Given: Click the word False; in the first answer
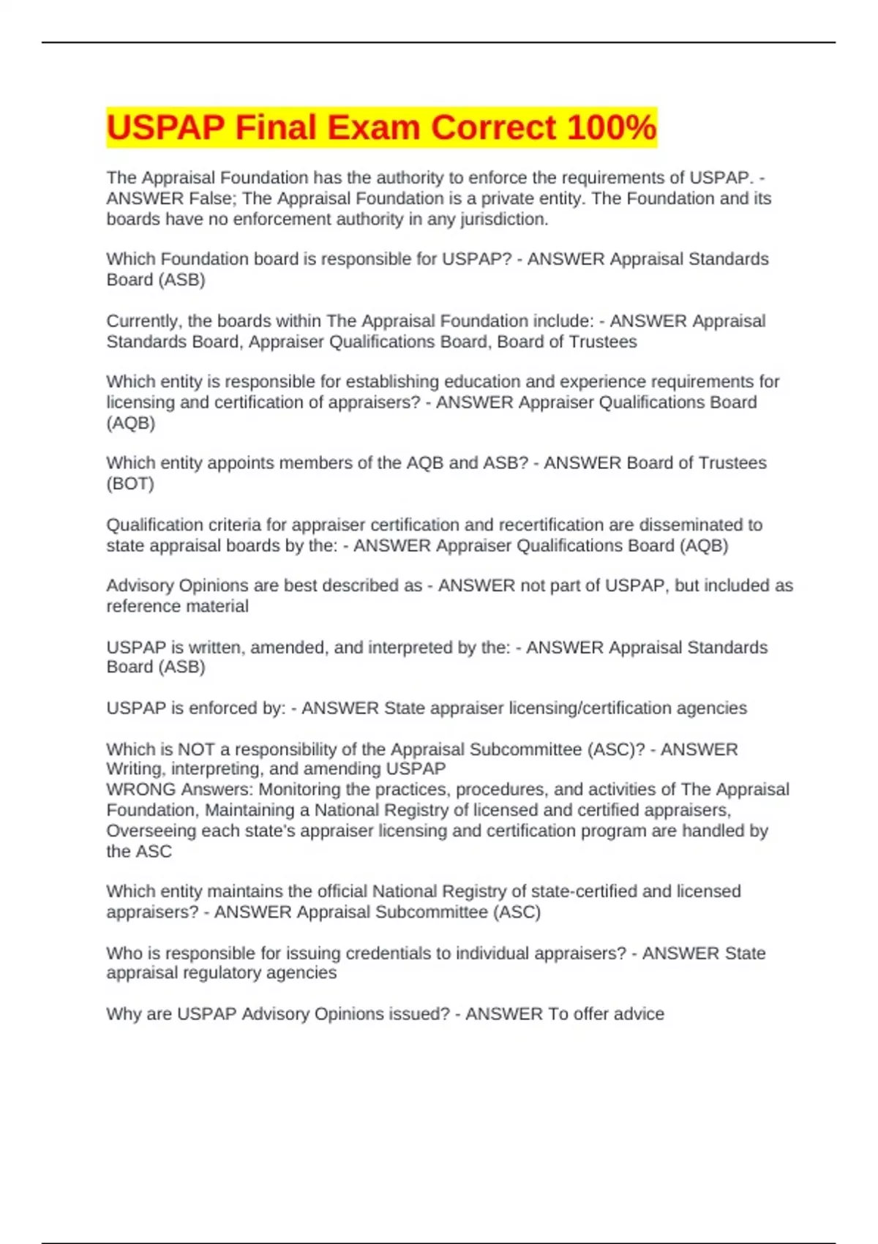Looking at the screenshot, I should pos(213,198).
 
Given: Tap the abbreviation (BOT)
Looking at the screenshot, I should pos(130,484).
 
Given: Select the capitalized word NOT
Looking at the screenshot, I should pos(196,749).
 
